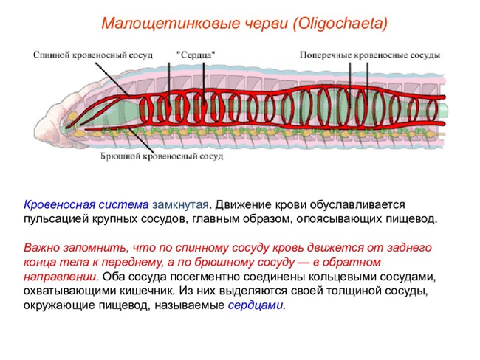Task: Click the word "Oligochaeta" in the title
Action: tap(340, 24)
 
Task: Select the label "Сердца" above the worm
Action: tap(196, 55)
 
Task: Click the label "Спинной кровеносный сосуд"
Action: tap(93, 55)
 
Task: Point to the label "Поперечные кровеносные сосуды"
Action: tap(370, 55)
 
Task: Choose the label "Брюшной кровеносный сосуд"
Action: tap(162, 156)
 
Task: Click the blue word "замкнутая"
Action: tap(180, 204)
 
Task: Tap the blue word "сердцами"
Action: tap(256, 305)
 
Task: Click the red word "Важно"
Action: tap(41, 247)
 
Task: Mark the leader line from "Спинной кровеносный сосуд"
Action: tap(112, 80)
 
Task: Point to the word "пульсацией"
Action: tap(55, 219)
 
